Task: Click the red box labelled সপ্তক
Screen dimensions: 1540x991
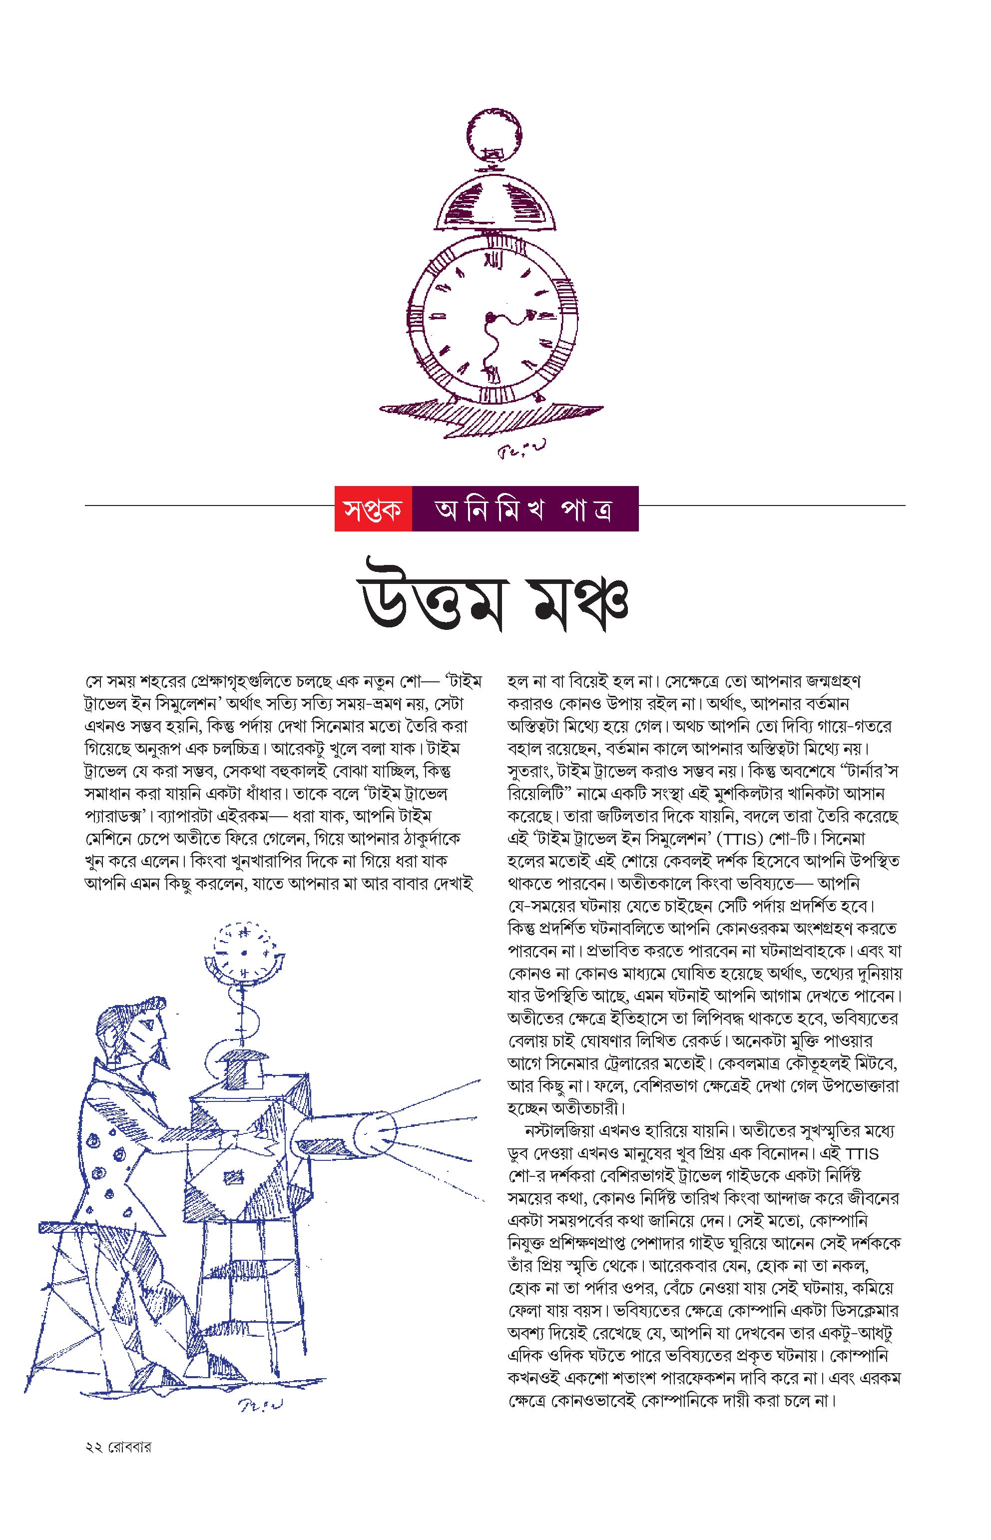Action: (373, 509)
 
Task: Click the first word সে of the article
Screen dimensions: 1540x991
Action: (93, 681)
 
